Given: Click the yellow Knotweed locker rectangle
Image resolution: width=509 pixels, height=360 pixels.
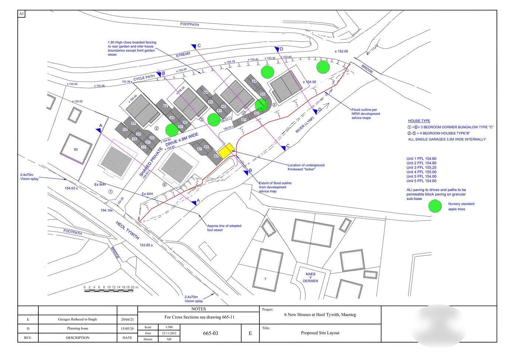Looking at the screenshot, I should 226,150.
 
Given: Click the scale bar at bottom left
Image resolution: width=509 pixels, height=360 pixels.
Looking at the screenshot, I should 108,290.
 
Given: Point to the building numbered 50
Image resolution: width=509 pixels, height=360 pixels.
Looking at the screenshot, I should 76,149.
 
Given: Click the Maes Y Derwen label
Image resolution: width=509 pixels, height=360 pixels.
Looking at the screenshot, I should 310,277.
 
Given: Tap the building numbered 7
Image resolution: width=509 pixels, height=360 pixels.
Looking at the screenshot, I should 265,279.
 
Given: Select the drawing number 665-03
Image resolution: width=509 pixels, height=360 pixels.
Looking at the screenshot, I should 211,333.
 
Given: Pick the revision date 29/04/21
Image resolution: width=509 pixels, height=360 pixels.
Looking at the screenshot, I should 127,319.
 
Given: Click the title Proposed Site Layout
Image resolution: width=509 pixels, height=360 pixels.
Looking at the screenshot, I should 320,333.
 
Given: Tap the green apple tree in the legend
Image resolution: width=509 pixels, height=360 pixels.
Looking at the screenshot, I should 435,206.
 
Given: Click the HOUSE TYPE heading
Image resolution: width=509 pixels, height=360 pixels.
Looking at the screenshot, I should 419,121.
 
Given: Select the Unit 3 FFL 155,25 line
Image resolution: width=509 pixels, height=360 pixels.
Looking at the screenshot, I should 421,167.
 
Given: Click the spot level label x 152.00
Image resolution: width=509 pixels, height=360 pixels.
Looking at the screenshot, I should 341,52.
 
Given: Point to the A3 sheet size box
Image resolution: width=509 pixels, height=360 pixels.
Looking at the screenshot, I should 21,14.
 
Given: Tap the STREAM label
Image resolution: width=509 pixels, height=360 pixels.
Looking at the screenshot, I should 183,54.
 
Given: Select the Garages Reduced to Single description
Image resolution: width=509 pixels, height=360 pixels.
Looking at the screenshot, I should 77,319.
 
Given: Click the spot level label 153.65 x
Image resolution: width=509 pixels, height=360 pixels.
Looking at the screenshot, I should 146,245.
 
